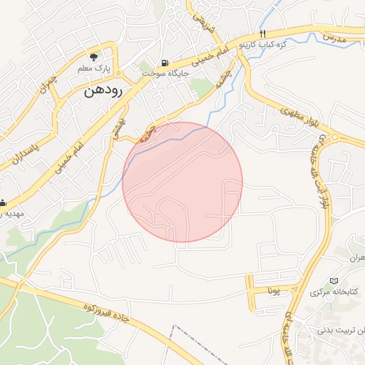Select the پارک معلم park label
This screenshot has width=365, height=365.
point(94,69)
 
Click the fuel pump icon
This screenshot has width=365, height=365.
point(165,63)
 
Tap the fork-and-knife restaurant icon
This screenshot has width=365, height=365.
point(262,34)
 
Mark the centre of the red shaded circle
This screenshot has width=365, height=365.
point(182,182)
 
